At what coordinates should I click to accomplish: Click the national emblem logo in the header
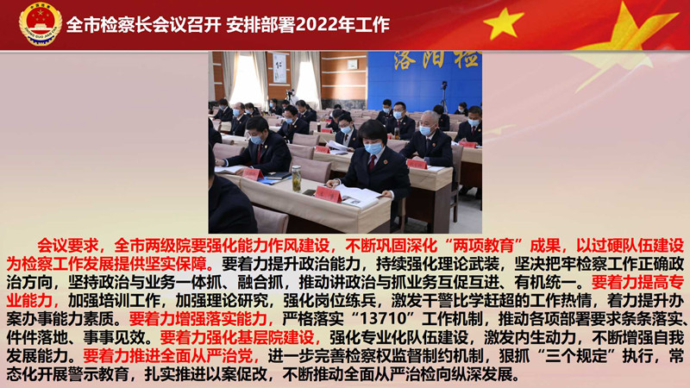point(41,24)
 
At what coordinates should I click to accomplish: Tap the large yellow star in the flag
point(504,23)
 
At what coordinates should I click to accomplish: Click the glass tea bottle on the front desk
point(297,178)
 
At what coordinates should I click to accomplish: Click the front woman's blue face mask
point(373,148)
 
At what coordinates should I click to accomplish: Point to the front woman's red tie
point(372,164)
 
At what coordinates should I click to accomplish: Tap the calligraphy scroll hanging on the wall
point(279,68)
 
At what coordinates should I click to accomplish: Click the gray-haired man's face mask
point(425,130)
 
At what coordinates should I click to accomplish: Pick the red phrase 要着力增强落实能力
point(198,318)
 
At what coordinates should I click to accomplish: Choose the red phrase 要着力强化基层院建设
point(236,337)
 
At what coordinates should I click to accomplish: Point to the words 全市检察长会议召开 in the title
point(143,25)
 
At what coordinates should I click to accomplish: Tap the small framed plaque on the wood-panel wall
point(352,64)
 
